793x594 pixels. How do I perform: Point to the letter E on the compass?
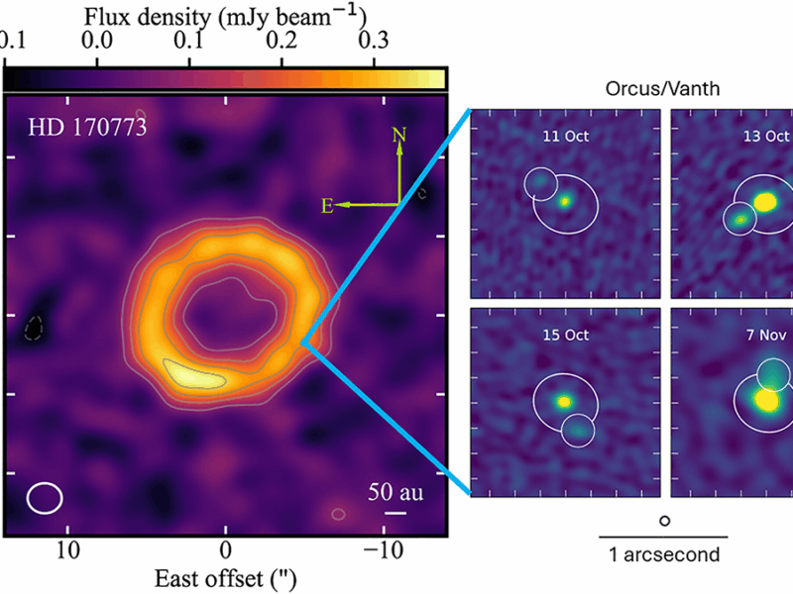pos(325,206)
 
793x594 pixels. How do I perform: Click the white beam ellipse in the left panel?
pos(45,497)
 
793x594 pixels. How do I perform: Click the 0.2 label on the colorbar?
pos(282,41)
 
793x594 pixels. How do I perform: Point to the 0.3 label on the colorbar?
pos(374,41)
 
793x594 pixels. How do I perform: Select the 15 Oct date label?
pos(564,335)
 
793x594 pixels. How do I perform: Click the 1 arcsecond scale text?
pos(663,555)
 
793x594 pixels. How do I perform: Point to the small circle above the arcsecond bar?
pos(663,520)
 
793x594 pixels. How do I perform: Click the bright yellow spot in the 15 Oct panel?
pos(564,402)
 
